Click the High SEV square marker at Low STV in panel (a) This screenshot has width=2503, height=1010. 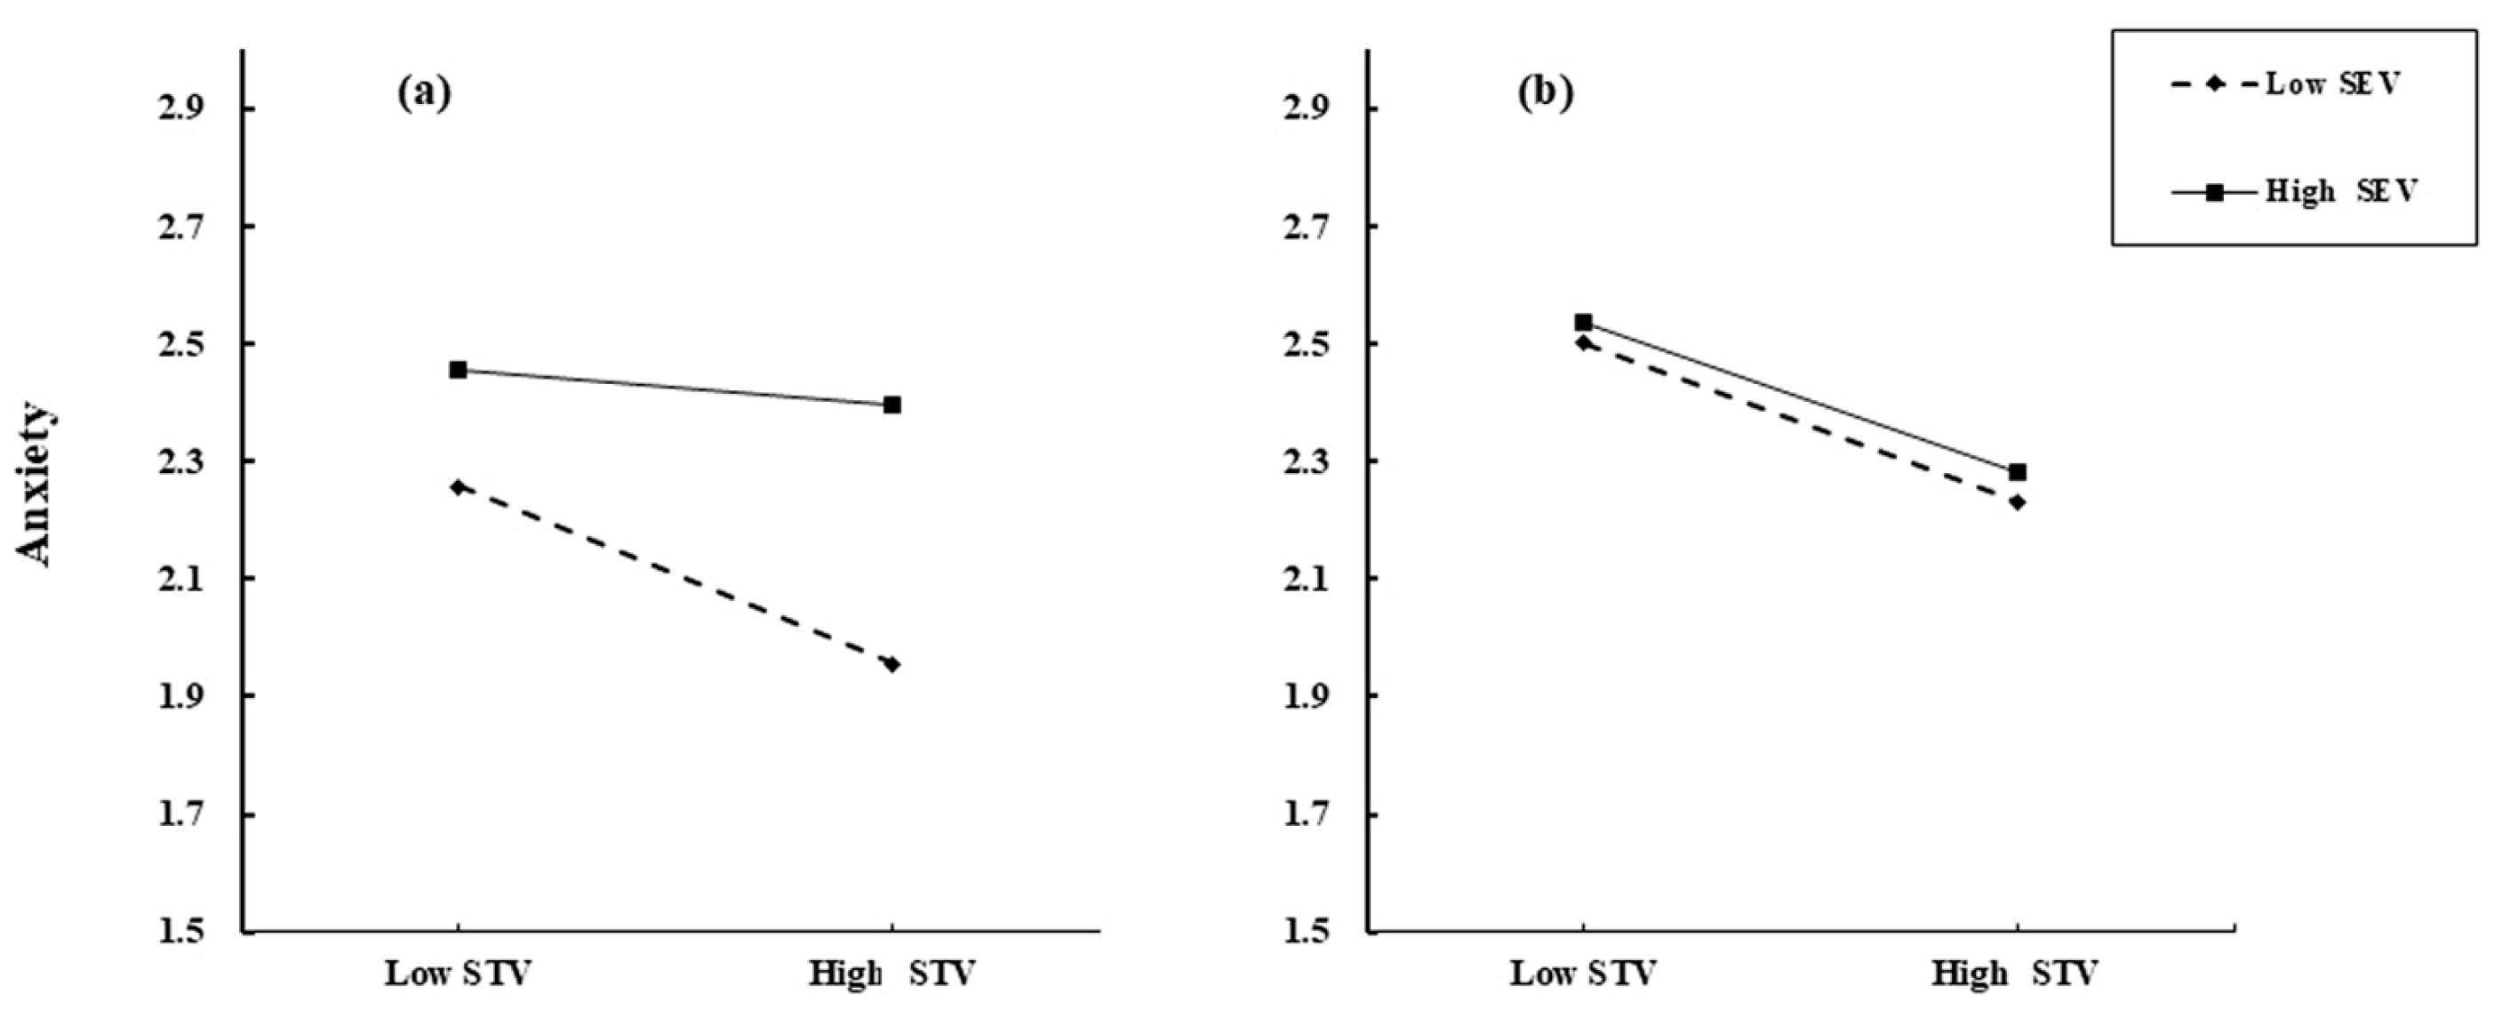458,371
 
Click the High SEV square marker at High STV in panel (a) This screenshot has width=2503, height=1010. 892,405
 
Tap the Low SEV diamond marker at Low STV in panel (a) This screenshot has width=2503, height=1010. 458,487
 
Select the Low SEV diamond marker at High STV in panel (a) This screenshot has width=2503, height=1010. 892,664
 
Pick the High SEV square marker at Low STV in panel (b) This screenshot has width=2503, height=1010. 1583,322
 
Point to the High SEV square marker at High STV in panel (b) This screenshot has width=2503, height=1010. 2017,472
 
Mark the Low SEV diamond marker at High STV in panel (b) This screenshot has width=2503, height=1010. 2017,502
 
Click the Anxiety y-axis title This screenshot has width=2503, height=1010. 35,484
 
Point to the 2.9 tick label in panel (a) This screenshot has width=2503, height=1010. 184,108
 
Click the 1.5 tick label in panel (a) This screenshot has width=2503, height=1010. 184,931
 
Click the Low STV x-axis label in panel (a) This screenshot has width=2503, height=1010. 458,973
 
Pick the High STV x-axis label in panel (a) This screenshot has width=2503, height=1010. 892,973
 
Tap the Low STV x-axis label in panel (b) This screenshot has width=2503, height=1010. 1583,973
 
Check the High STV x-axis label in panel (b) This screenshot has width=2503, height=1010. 2015,973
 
